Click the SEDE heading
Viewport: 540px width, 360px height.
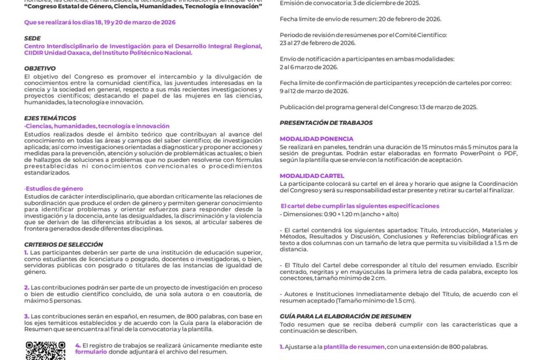click(x=32, y=38)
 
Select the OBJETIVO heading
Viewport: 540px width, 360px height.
click(x=40, y=69)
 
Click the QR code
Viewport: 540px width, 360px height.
click(x=45, y=350)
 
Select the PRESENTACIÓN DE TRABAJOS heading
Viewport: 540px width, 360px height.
click(x=326, y=123)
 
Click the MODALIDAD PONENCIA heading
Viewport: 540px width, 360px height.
click(x=316, y=139)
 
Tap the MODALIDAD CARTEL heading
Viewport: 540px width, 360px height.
click(x=312, y=176)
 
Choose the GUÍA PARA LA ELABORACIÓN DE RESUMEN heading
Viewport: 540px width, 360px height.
click(x=345, y=316)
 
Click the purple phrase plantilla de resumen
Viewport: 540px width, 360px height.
click(x=354, y=347)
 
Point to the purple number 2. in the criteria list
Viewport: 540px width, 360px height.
click(x=27, y=287)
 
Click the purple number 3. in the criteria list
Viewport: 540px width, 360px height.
click(x=27, y=316)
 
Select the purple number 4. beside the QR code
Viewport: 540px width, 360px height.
click(x=78, y=345)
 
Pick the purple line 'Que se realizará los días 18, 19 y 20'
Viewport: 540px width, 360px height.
click(x=99, y=22)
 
